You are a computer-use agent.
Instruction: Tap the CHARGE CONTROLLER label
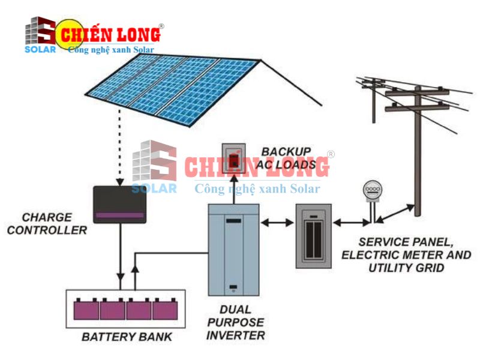click(47, 224)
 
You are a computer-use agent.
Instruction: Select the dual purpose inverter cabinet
click(233, 250)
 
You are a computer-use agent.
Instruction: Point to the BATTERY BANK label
click(127, 337)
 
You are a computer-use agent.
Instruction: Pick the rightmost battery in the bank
click(165, 310)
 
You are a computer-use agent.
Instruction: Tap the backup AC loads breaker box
click(232, 158)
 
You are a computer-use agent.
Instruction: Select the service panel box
click(313, 235)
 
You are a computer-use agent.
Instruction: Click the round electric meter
click(372, 191)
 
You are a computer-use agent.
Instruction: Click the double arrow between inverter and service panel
click(277, 223)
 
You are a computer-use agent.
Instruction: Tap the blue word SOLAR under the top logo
click(40, 49)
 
